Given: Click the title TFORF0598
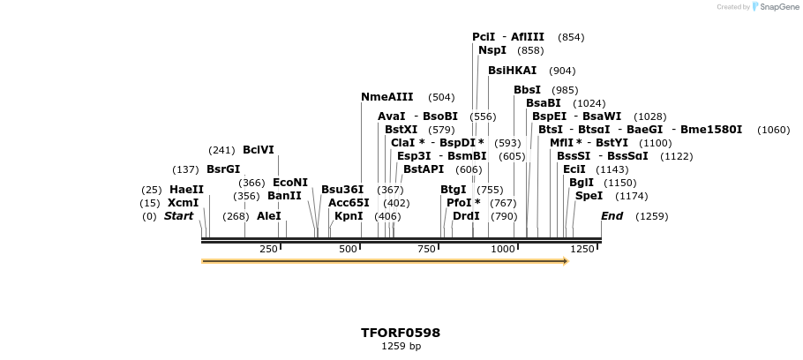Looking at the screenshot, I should click(400, 333).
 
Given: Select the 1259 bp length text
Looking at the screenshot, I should click(400, 347).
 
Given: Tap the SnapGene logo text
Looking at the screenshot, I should click(776, 7).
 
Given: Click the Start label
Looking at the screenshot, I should click(178, 216).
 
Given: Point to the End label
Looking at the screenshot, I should click(612, 216).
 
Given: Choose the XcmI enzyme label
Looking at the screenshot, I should click(183, 203).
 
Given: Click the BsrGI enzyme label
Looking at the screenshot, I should click(223, 169).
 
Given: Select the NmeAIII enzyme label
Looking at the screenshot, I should click(386, 97).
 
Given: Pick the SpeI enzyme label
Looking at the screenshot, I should click(589, 196).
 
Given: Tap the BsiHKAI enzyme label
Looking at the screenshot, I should click(512, 71).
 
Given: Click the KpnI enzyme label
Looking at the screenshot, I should click(349, 216).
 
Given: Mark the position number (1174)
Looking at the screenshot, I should click(631, 196).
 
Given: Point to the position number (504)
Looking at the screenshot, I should click(441, 97).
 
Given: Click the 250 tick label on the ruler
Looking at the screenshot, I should click(268, 250).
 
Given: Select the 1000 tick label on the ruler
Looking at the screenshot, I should click(502, 250).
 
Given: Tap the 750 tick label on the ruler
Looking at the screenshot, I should click(426, 250).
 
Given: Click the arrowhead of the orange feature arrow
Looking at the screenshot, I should click(565, 261).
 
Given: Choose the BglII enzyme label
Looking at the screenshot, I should click(582, 183).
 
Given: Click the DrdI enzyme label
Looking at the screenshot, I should click(466, 216).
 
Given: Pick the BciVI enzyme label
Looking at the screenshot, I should click(259, 150).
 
